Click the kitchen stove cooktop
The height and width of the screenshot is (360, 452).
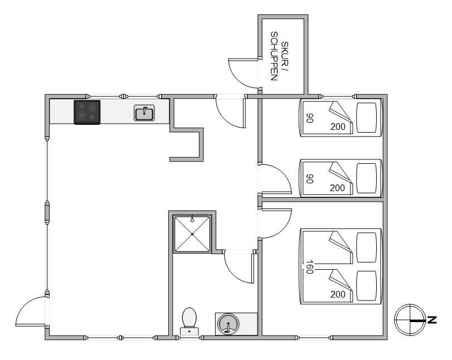[x=87, y=112]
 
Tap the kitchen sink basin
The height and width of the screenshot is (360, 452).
[x=144, y=113]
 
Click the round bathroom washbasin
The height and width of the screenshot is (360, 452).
[x=228, y=324]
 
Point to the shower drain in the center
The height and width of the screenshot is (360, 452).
[x=192, y=234]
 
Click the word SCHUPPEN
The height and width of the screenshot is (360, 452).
[x=274, y=56]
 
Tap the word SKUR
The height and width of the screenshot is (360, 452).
[x=285, y=53]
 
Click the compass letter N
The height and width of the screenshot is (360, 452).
[x=432, y=320]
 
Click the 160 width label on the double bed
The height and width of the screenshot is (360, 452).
[x=309, y=267]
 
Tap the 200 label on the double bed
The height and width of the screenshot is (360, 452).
[x=338, y=294]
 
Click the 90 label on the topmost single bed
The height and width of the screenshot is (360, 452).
[x=310, y=118]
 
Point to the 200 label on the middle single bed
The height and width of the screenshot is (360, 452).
[x=337, y=188]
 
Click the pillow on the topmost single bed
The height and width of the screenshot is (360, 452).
[x=367, y=118]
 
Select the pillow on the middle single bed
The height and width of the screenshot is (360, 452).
[x=367, y=178]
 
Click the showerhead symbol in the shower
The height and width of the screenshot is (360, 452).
[x=192, y=219]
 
